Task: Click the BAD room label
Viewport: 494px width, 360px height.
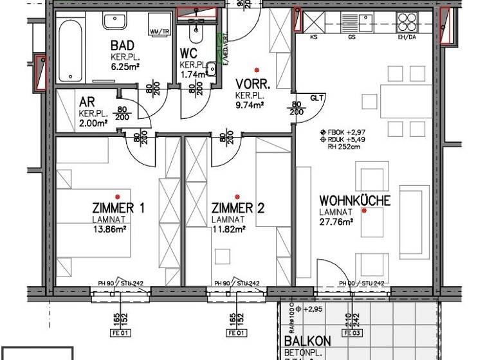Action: (x=122, y=46)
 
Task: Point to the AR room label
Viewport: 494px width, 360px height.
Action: (x=87, y=102)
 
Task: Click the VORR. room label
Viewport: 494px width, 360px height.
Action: (x=253, y=84)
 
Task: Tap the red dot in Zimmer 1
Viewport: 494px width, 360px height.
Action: (x=118, y=197)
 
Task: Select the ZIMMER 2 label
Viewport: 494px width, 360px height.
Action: (x=238, y=208)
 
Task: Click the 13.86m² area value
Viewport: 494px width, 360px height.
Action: (x=109, y=228)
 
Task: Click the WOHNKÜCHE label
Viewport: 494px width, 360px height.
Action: (x=354, y=201)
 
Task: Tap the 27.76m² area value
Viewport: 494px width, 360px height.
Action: (x=336, y=222)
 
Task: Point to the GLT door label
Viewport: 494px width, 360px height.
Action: (x=316, y=98)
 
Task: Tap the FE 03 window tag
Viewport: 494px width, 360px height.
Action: (x=352, y=333)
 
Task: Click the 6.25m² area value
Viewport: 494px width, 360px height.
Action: (x=122, y=65)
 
